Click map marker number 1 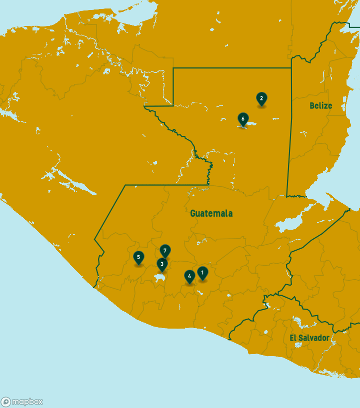(202, 273)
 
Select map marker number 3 (161, 264)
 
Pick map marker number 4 (189, 276)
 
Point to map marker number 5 (138, 257)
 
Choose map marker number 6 (242, 119)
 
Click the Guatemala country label (211, 213)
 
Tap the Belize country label (320, 105)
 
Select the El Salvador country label (309, 338)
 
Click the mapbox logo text (27, 402)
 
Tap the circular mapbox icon (6, 402)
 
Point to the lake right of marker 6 (251, 124)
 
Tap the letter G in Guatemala (193, 213)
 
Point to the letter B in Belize (312, 105)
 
